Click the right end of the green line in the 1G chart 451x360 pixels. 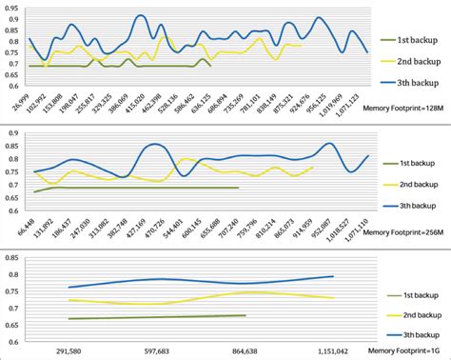tap(246, 315)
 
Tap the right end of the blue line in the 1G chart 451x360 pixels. tap(333, 276)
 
